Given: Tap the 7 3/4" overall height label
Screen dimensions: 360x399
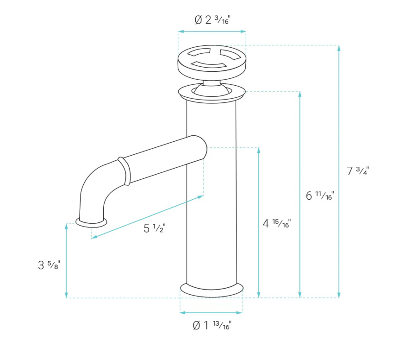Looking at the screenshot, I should [357, 171].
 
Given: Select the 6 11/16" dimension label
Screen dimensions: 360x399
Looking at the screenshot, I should [319, 196].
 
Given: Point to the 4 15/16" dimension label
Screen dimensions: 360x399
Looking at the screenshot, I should [277, 223].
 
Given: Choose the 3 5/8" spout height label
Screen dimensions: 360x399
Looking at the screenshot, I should [49, 265].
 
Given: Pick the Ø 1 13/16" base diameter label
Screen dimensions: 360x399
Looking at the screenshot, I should [212, 326].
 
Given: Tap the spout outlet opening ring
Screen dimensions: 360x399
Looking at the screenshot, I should [91, 223].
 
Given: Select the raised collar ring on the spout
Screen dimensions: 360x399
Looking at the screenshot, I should [124, 171].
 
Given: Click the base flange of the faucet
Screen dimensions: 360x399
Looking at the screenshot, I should [212, 290].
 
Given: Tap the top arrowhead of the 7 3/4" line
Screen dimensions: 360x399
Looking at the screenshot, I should [339, 48].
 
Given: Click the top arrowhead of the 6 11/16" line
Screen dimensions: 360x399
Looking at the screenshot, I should [300, 94].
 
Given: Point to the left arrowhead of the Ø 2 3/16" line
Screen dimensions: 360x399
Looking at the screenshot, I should [181, 32].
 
